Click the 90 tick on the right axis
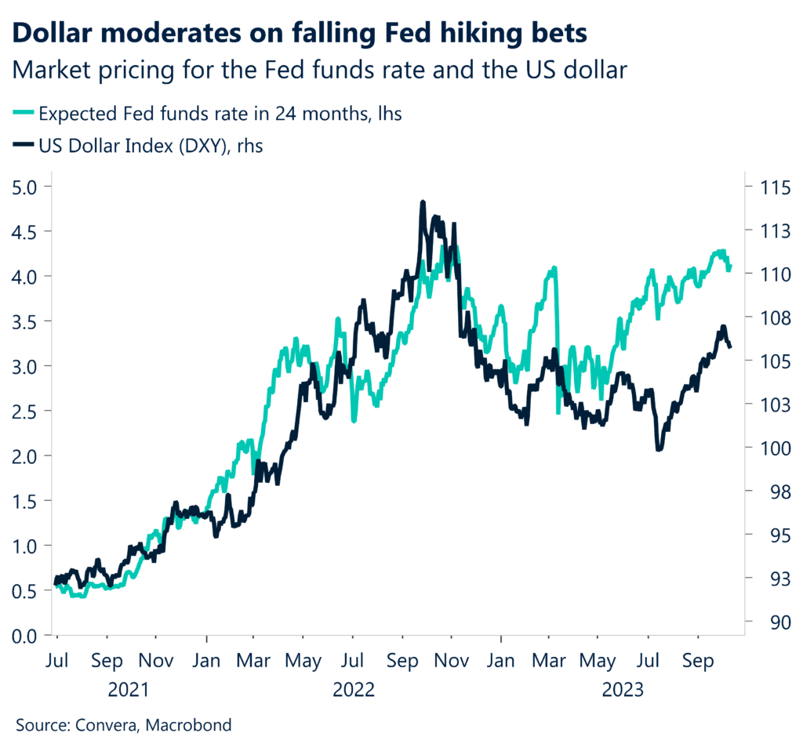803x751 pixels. pos(768,622)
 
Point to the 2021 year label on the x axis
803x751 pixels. pos(130,690)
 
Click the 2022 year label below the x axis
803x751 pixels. pos(354,690)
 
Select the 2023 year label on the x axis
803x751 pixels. pos(623,690)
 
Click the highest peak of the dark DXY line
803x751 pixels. pos(423,202)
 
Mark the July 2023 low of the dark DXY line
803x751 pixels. pos(659,449)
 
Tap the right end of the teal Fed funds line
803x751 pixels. pos(730,267)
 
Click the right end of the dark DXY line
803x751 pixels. pos(731,346)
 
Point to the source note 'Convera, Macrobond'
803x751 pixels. pos(124,725)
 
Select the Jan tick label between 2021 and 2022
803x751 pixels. pos(206,660)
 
